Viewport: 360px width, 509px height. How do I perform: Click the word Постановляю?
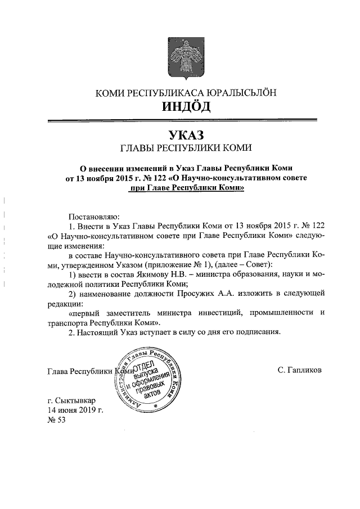click(x=91, y=216)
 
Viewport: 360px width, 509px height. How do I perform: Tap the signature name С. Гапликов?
click(x=300, y=371)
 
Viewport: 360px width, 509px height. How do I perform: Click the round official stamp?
click(x=151, y=379)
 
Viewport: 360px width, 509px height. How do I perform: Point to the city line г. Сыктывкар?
click(x=71, y=400)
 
